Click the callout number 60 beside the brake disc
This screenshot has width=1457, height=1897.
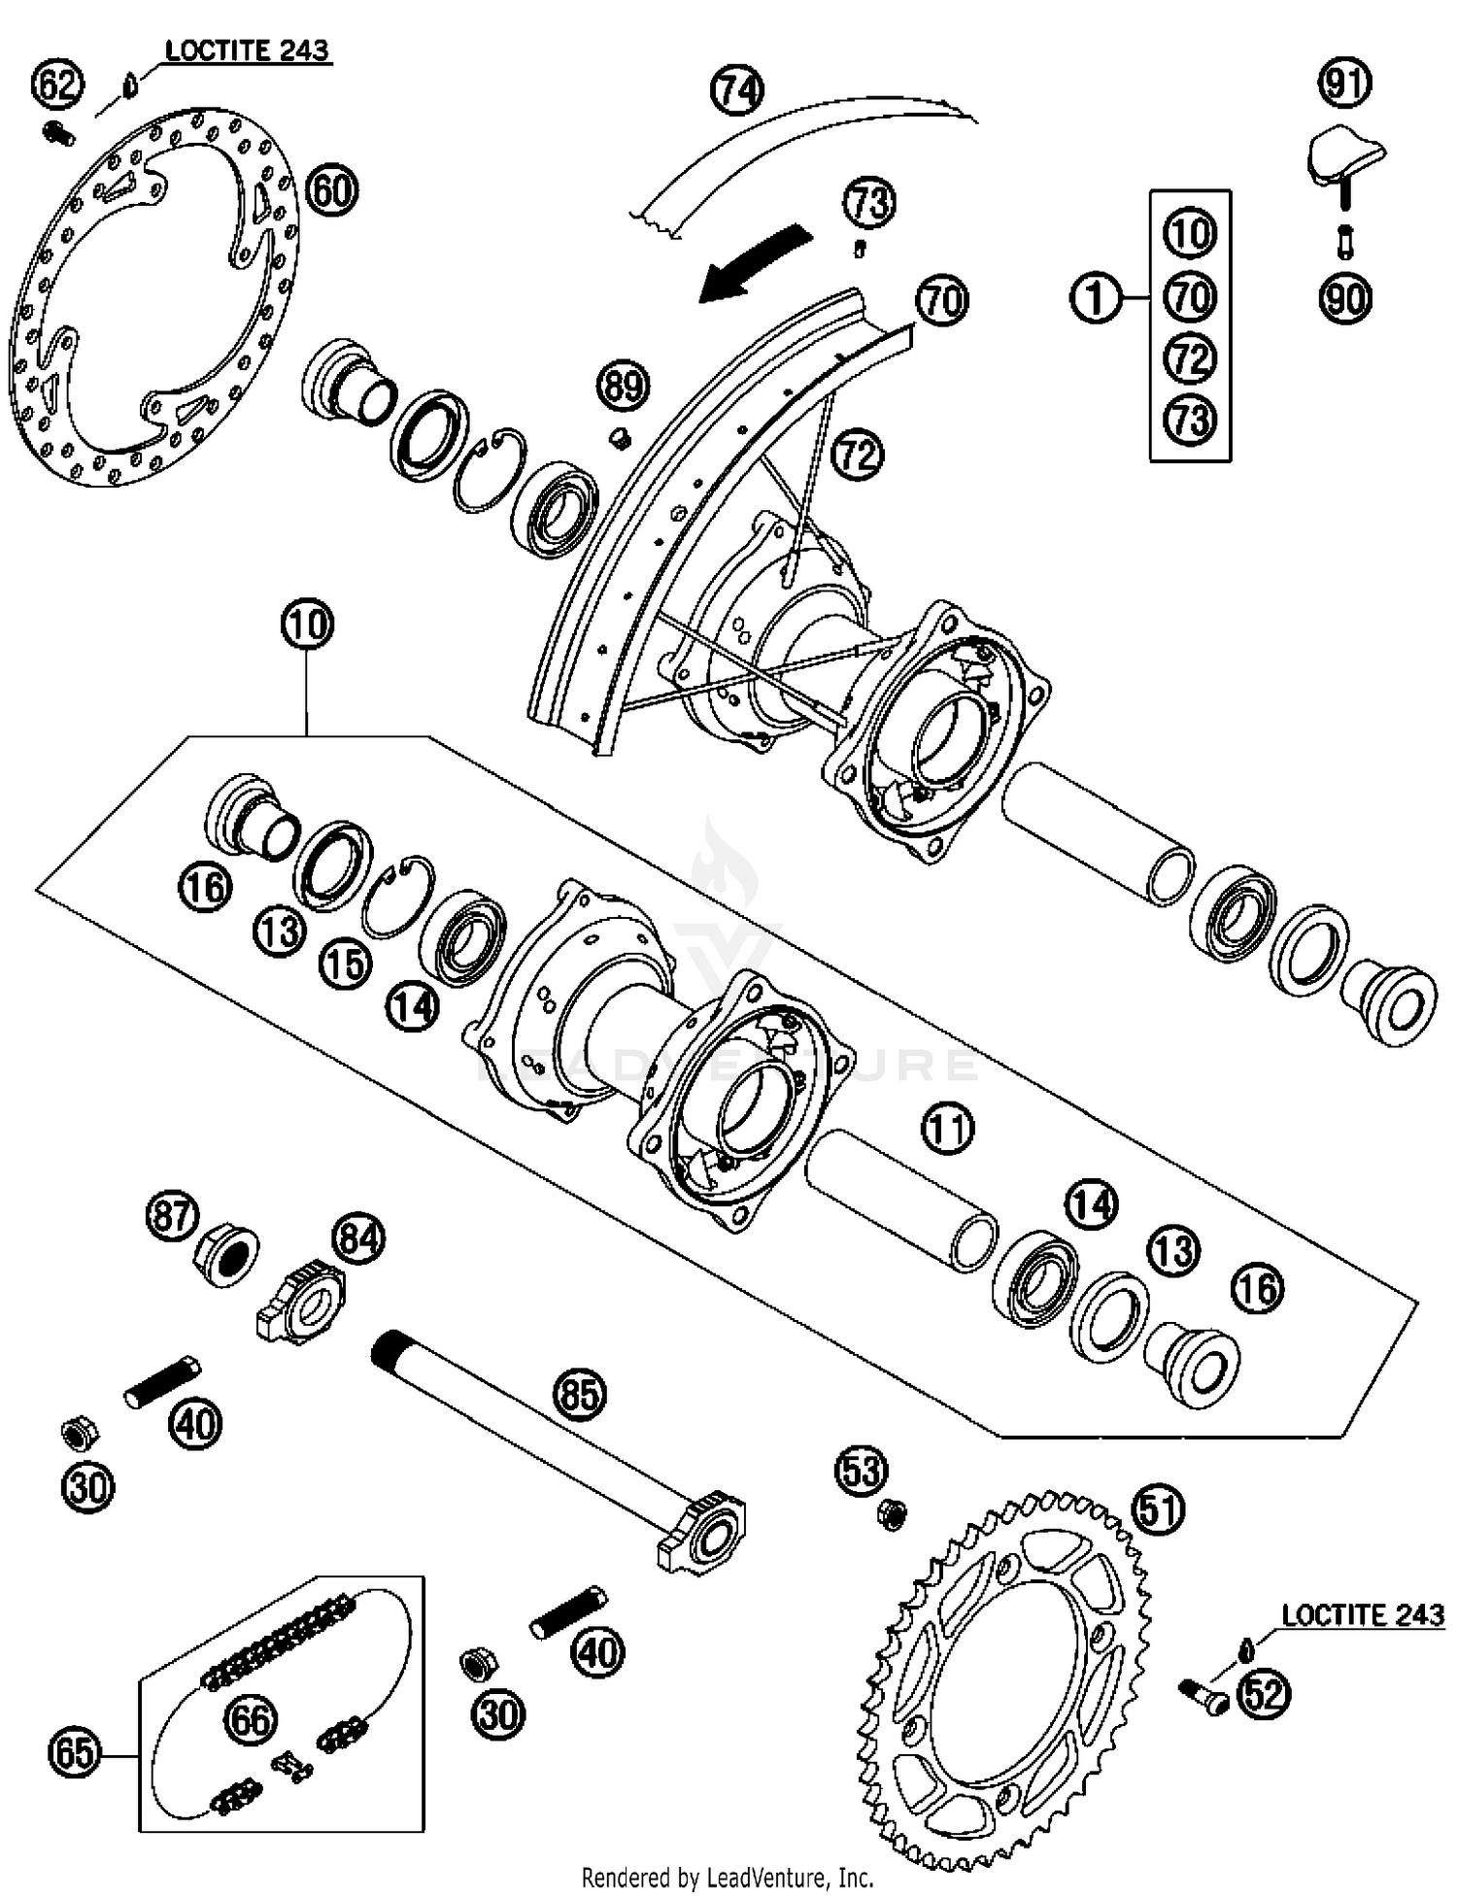[331, 189]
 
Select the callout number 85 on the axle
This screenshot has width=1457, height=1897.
[579, 1395]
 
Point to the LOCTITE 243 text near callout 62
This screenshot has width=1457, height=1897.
[247, 51]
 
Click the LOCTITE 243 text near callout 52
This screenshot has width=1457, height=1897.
[1363, 1615]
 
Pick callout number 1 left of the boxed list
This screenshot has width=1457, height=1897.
[1097, 297]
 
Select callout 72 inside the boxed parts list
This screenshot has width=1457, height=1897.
[1190, 359]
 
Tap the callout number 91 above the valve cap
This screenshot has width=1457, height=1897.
[1345, 83]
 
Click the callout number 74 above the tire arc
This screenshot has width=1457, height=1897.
[737, 90]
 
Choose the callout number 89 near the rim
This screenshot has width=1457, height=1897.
[623, 386]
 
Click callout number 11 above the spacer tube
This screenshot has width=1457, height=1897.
[947, 1129]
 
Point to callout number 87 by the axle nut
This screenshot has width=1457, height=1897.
[172, 1216]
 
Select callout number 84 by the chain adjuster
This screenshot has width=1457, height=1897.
[358, 1238]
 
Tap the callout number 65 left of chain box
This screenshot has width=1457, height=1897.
[74, 1753]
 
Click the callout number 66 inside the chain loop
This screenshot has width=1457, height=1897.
[251, 1719]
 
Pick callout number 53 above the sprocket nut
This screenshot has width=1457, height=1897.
[862, 1472]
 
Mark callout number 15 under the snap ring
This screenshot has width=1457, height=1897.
[347, 964]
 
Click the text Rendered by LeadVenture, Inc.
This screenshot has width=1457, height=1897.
[728, 1877]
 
